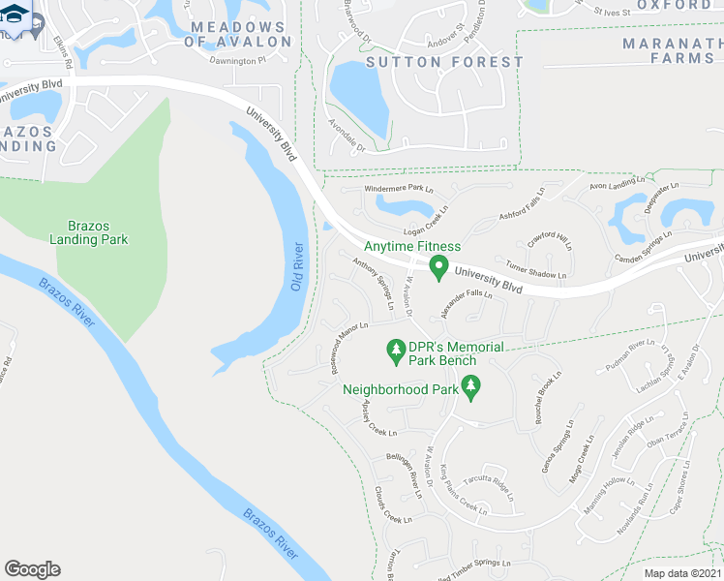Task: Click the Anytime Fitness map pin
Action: click(x=438, y=267)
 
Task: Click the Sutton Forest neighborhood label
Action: click(x=445, y=62)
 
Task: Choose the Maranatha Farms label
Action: click(x=672, y=51)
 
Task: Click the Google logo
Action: click(x=32, y=569)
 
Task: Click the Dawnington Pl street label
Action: click(x=237, y=60)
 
